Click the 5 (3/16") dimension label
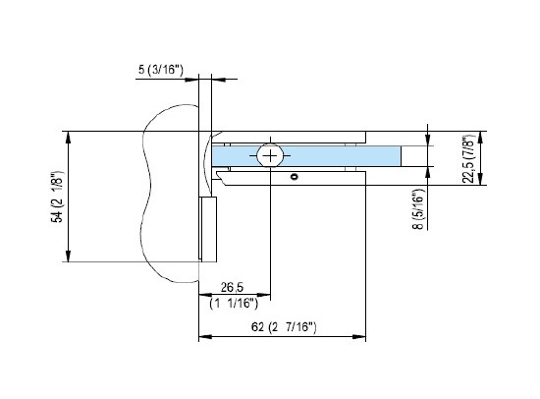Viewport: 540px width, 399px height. [164, 71]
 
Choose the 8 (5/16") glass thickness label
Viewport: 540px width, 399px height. [418, 209]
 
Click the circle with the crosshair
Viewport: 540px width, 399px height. [270, 155]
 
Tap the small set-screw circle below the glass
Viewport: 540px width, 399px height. [293, 178]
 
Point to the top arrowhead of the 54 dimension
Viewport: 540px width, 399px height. [68, 136]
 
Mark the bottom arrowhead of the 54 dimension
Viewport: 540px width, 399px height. [68, 256]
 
